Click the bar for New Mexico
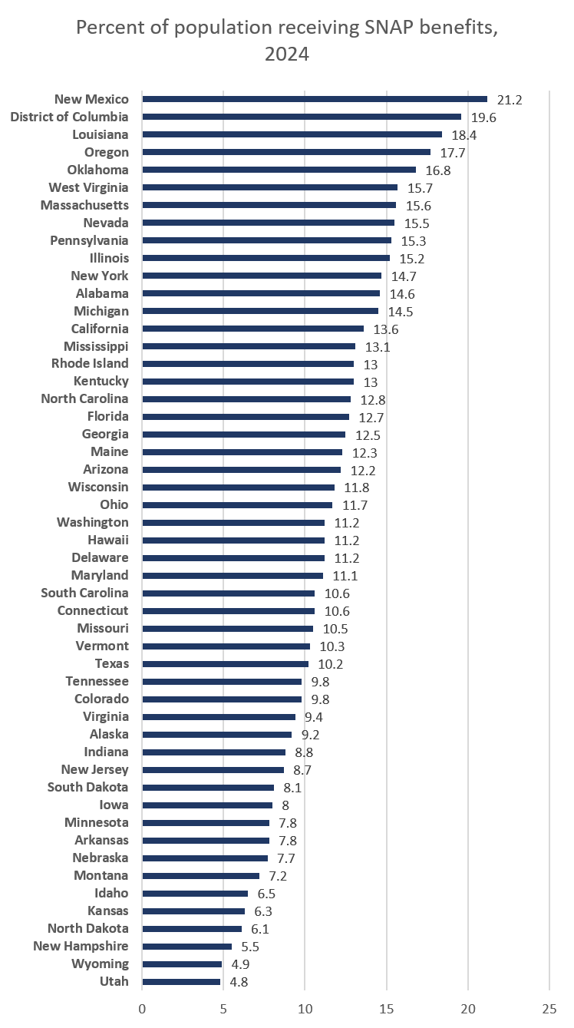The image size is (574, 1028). click(315, 99)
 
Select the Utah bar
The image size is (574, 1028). click(181, 981)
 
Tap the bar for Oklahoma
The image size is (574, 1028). click(279, 170)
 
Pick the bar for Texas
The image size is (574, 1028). click(225, 664)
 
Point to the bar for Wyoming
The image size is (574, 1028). click(182, 964)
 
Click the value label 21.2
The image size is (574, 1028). click(510, 99)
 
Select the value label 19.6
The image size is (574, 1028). click(483, 117)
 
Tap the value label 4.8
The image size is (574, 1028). click(239, 981)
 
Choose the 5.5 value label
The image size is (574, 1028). click(251, 946)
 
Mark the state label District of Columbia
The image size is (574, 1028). click(69, 117)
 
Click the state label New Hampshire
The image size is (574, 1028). click(81, 946)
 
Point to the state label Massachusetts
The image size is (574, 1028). click(84, 205)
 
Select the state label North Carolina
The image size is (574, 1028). click(84, 398)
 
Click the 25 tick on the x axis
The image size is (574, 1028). click(549, 1007)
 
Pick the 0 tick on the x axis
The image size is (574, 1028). click(142, 1007)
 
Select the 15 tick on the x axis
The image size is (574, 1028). click(386, 1007)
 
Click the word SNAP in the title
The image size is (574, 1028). click(389, 29)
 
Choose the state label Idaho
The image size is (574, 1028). click(111, 893)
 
